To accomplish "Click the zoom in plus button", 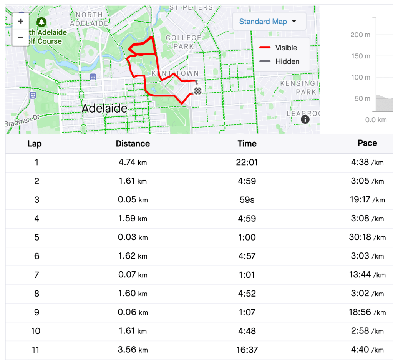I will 20,22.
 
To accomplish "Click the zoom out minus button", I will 20,38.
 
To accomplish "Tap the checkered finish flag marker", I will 197,91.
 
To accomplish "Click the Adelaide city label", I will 104,109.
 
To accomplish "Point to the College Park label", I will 183,42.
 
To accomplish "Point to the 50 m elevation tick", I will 362,98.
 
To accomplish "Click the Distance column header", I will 133,144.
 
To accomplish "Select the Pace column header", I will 367,143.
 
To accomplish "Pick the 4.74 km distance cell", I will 133,162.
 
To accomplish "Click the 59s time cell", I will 247,200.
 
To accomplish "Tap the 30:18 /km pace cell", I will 367,237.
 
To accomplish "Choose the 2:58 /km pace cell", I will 367,331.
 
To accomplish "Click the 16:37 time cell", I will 247,350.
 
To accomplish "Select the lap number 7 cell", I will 36,275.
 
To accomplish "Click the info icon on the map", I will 305,119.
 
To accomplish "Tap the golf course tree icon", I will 41,22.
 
